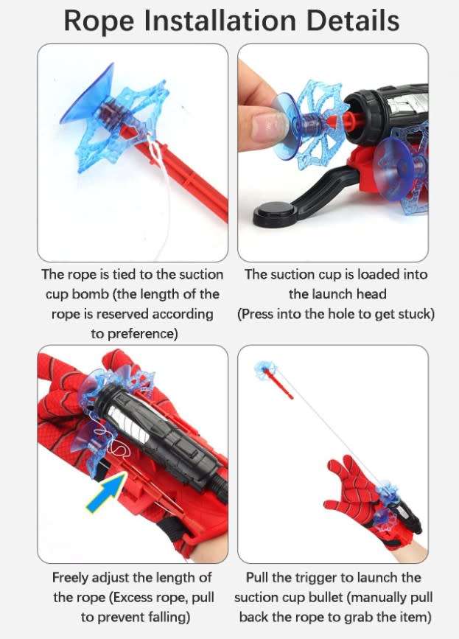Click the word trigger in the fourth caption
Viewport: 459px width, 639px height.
coord(318,577)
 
